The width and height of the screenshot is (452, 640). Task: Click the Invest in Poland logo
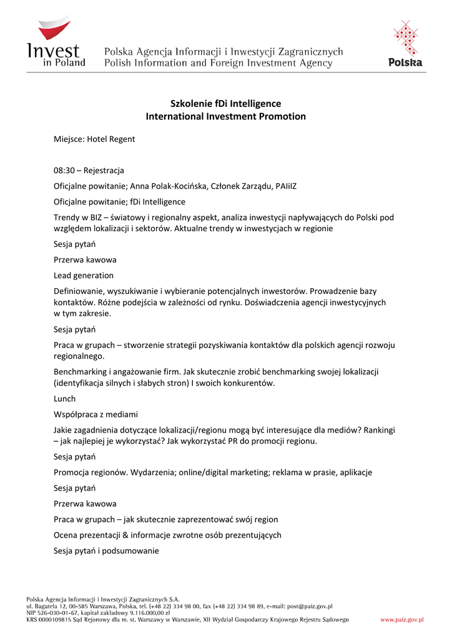(56, 43)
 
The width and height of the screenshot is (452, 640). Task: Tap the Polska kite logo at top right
(405, 43)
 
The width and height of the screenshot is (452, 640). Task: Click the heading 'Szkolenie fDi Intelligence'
(225, 103)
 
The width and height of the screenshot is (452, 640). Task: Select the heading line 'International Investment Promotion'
(225, 116)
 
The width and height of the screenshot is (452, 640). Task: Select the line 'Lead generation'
(84, 275)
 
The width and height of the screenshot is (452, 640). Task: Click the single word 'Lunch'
(64, 399)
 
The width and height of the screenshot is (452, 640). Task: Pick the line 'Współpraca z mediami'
(96, 414)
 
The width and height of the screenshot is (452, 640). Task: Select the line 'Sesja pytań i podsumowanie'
(106, 551)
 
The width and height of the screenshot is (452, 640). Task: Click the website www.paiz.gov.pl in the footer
(402, 619)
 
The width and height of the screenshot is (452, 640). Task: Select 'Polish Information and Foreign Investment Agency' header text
(219, 63)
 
